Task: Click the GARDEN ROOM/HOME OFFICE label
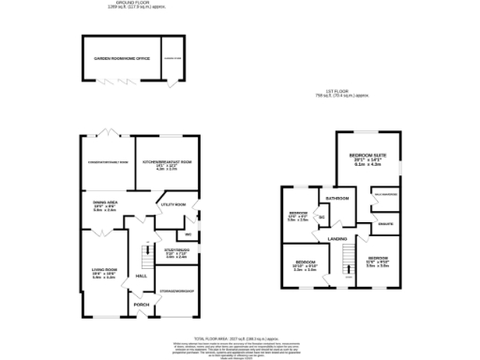tap(121, 58)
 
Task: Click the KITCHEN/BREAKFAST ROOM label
tap(167, 163)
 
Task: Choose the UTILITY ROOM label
tap(174, 203)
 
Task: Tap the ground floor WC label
tap(187, 234)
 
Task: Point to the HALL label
tap(141, 277)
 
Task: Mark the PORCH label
tap(142, 304)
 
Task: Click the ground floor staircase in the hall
tap(145, 255)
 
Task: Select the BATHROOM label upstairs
tap(337, 200)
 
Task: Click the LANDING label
tap(338, 240)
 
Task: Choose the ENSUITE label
tap(385, 224)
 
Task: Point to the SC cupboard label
tap(322, 218)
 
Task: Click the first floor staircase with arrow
tap(349, 262)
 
